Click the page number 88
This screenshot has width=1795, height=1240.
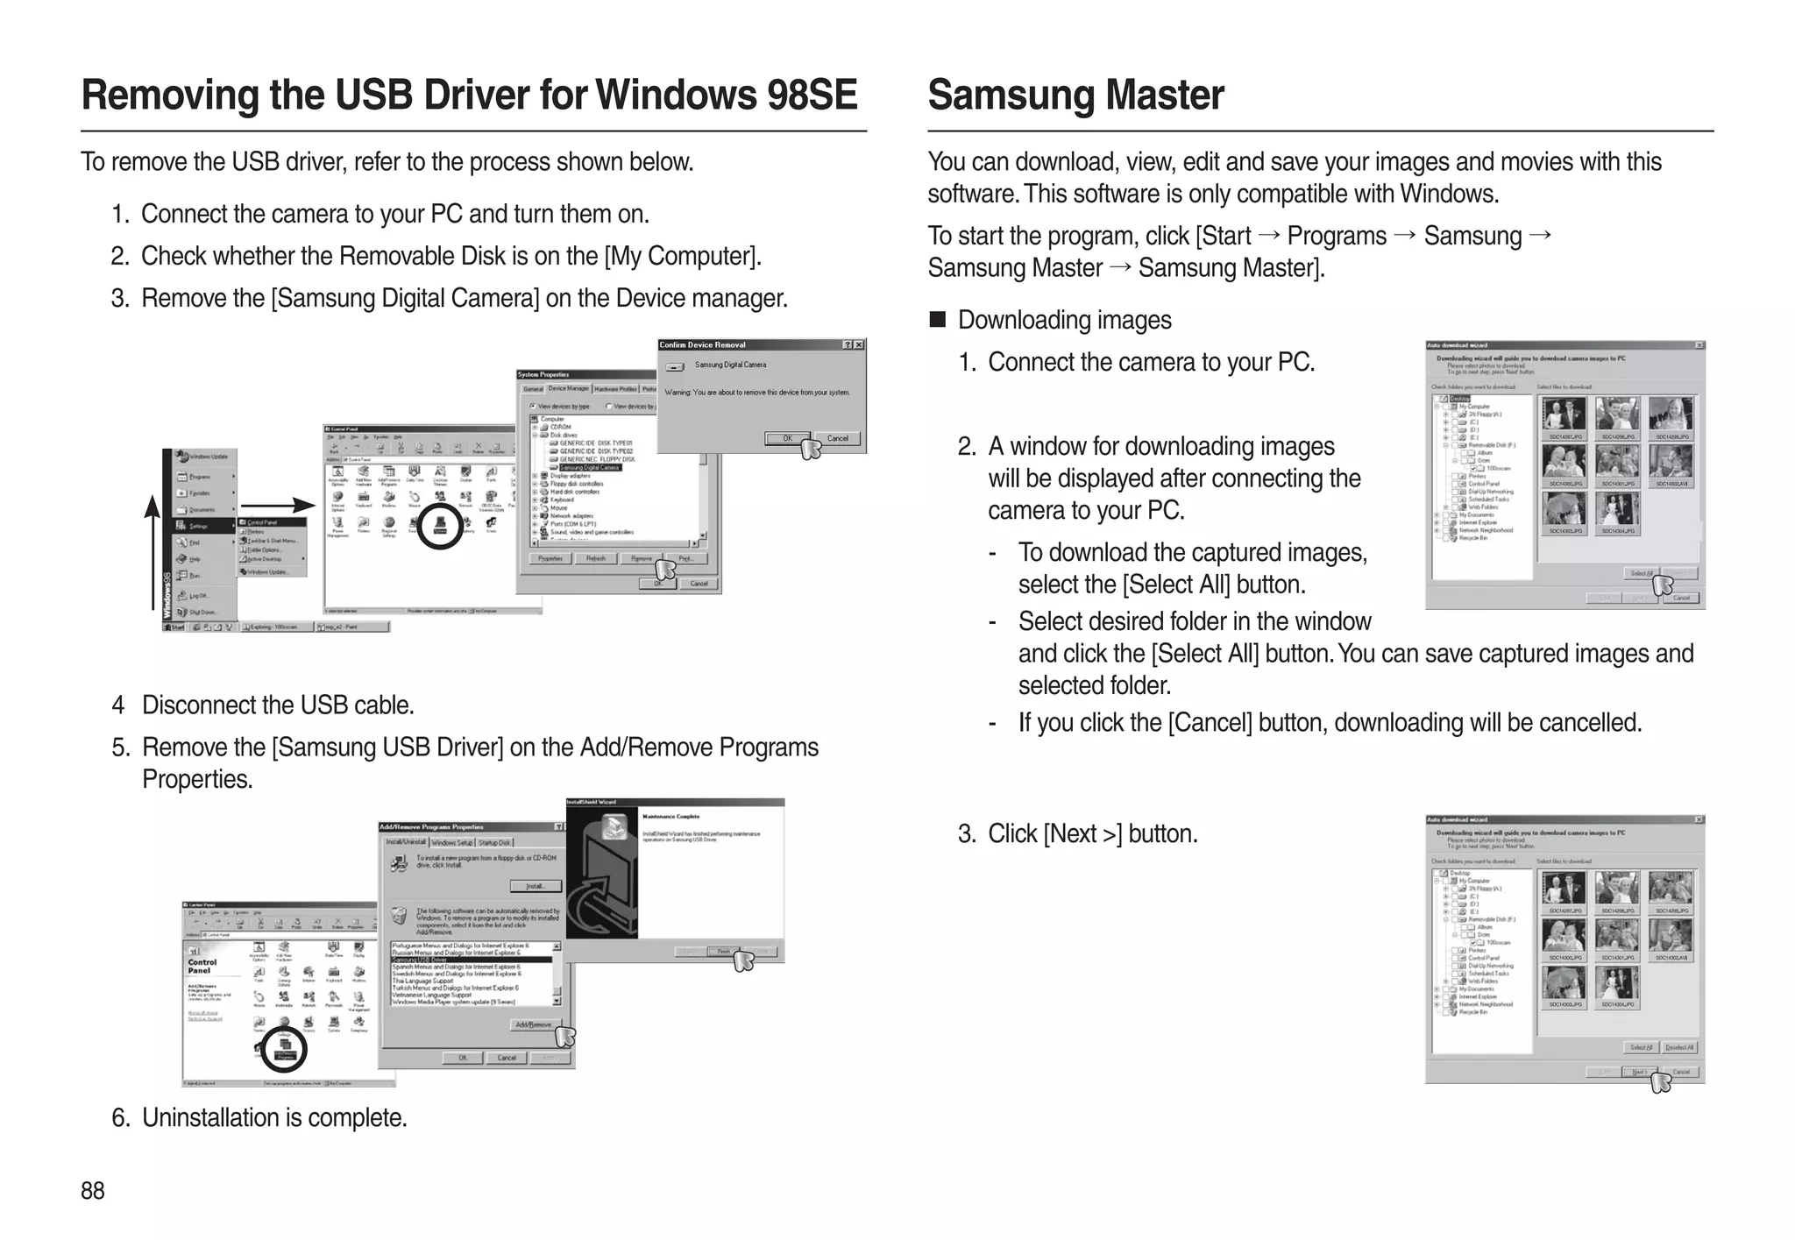click(x=92, y=1190)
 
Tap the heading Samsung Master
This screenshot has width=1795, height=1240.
click(x=1075, y=95)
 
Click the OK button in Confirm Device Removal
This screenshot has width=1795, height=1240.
click(x=786, y=438)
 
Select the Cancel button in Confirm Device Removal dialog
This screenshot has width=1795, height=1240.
click(x=837, y=438)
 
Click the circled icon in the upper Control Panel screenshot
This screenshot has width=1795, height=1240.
click(x=439, y=525)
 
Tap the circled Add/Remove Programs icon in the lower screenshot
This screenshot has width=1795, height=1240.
click(x=284, y=1049)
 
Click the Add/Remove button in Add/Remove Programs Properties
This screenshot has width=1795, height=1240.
click(x=534, y=1024)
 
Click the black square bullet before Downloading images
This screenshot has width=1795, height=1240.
click(x=937, y=319)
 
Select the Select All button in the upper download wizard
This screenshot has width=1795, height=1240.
click(x=1641, y=573)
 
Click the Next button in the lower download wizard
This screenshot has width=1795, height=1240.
click(x=1638, y=1072)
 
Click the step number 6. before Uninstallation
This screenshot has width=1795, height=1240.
click(x=121, y=1118)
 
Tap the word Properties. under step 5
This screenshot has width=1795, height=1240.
click(x=197, y=779)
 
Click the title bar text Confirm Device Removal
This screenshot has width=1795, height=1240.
click(x=703, y=344)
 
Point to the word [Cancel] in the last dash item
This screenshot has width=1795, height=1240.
click(x=1210, y=723)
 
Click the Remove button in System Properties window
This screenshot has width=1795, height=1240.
click(x=641, y=558)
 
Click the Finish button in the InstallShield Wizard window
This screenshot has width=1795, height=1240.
click(x=724, y=952)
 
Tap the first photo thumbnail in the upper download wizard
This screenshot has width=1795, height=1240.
click(x=1564, y=414)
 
